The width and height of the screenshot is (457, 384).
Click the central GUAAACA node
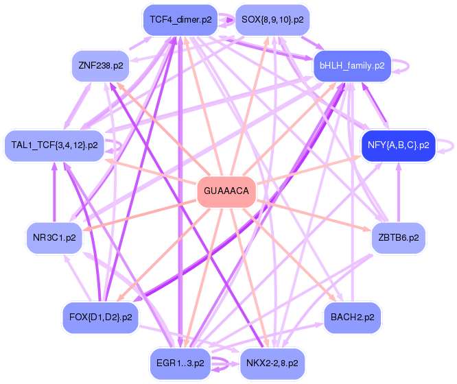(x=226, y=191)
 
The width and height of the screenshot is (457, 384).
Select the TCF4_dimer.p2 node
(x=180, y=20)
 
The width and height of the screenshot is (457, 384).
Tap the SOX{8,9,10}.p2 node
(x=272, y=20)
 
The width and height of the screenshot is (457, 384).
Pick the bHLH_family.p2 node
(x=351, y=66)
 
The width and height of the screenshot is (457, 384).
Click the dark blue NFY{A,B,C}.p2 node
(x=399, y=145)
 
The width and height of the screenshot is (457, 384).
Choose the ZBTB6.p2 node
(x=399, y=238)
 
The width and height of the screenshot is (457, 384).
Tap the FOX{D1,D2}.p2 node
(x=100, y=317)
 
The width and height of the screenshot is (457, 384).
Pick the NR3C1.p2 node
(x=54, y=238)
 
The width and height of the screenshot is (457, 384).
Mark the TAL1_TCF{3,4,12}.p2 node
(x=54, y=145)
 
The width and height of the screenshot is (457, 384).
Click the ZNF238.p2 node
(x=100, y=66)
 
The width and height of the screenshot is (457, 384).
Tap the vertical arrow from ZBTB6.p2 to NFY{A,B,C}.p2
(x=399, y=192)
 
